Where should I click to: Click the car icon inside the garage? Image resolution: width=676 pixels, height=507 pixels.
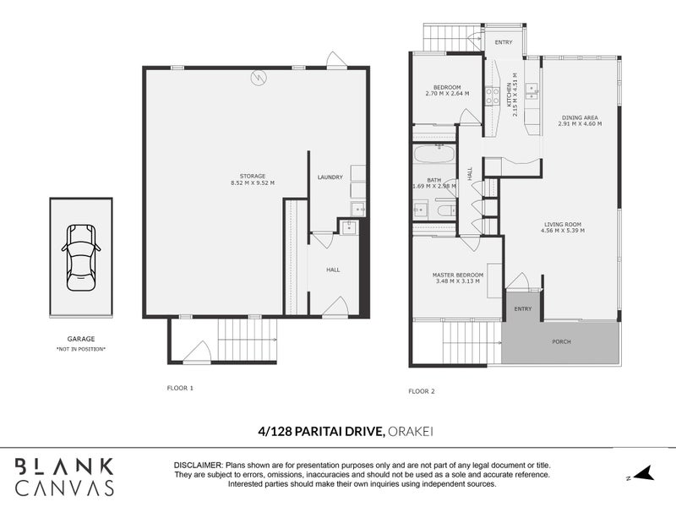pos(81,256)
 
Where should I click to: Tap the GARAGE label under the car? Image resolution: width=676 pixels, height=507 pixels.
pos(81,338)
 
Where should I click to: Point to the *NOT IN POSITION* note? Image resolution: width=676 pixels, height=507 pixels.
pos(81,349)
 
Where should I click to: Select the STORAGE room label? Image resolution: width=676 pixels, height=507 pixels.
pos(253,176)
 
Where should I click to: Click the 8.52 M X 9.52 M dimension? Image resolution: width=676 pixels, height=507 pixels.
pos(253,183)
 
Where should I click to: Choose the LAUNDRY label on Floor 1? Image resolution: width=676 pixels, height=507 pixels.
pos(330,177)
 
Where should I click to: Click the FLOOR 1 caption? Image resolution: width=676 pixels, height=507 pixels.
pos(180,388)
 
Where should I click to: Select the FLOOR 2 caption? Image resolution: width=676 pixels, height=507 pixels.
pos(421,391)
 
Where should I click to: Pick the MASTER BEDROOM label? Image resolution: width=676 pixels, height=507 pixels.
pos(457,275)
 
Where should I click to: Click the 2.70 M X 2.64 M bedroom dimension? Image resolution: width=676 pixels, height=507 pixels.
pos(447,94)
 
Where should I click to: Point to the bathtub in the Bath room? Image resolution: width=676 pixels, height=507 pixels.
pos(433,157)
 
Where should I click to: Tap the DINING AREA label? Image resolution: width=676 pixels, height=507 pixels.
pos(579,117)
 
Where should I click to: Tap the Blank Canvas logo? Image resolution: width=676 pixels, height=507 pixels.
pos(64,475)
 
